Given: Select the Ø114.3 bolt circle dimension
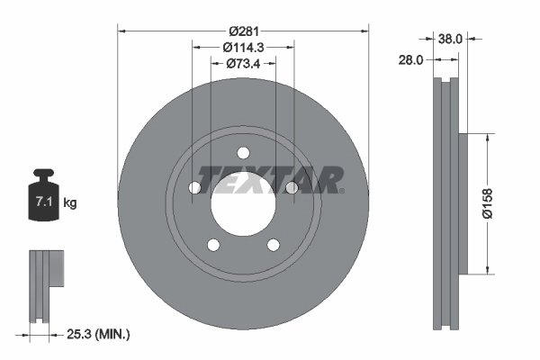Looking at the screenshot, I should [243, 47].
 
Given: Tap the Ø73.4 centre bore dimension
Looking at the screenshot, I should [243, 63].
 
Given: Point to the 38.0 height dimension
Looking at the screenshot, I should [449, 38].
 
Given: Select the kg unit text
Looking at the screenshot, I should [70, 203].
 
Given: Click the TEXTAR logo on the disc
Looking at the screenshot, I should [271, 179].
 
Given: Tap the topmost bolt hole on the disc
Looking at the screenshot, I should [244, 152].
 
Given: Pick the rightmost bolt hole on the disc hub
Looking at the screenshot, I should [291, 187].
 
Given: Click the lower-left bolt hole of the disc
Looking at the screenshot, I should [213, 244].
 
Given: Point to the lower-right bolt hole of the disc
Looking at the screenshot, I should [273, 244].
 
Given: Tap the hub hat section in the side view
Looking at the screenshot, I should [463, 203].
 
